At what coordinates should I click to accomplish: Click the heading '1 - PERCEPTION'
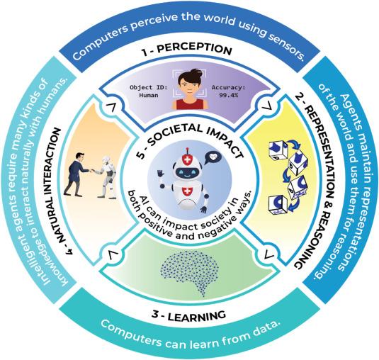point(191,50)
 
